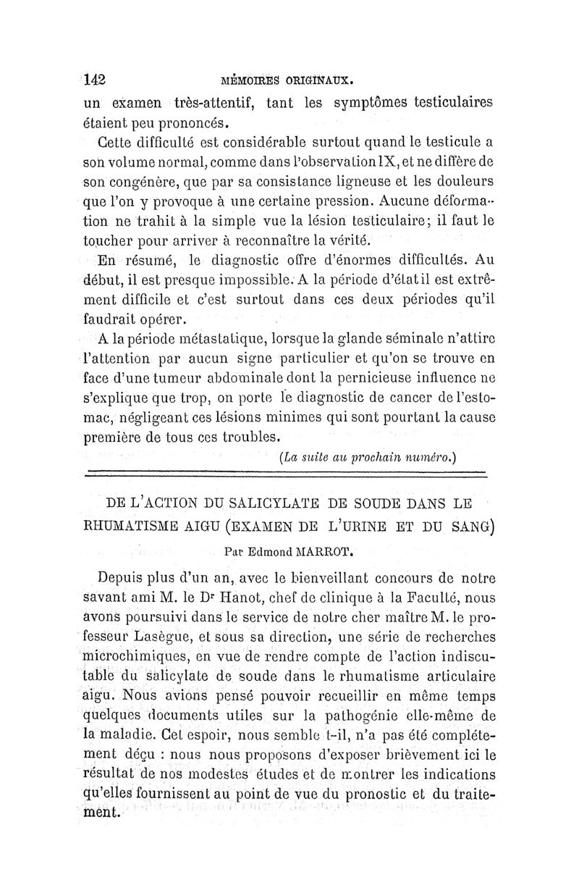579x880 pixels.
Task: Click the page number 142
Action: (95, 79)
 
